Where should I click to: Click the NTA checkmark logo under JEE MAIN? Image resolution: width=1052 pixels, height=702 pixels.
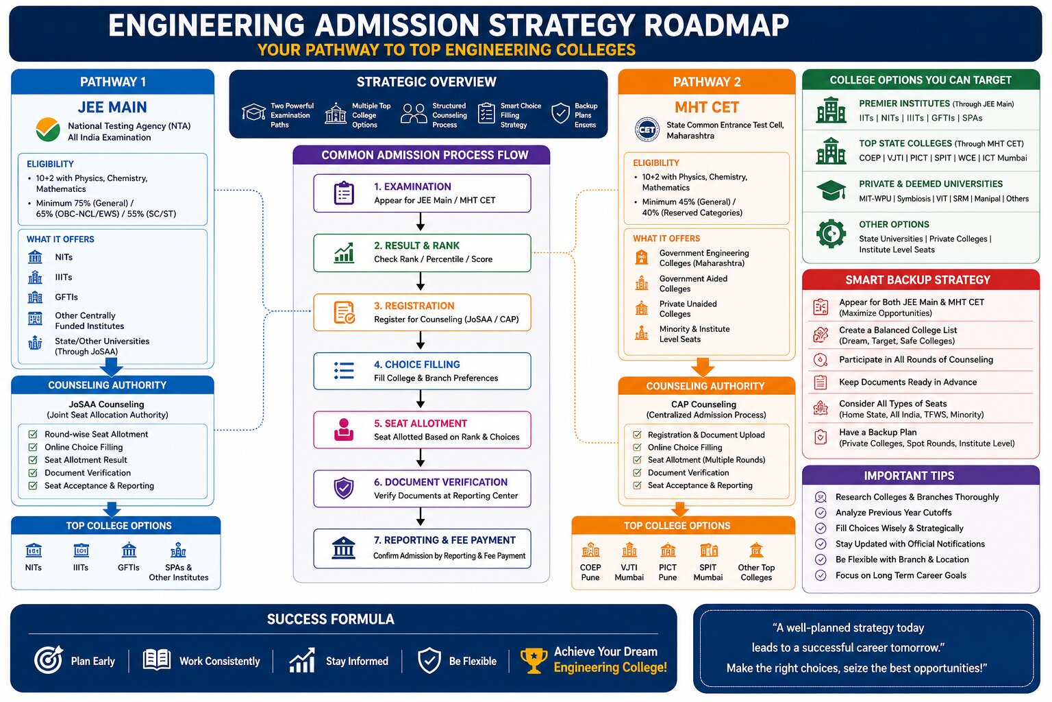pyautogui.click(x=48, y=130)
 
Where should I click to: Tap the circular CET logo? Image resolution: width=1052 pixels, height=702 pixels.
pyautogui.click(x=647, y=130)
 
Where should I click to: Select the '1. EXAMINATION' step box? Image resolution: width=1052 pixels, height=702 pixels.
pyautogui.click(x=422, y=193)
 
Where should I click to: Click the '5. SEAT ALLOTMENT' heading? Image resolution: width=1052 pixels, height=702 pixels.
pyautogui.click(x=421, y=423)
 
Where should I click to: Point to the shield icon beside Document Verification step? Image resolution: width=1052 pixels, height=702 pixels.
pyautogui.click(x=344, y=489)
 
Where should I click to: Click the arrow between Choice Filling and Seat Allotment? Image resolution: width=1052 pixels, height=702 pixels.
pyautogui.click(x=421, y=399)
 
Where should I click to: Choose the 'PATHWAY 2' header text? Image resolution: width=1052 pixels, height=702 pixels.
pyautogui.click(x=707, y=82)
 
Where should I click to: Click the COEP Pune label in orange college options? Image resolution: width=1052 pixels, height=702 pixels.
pyautogui.click(x=590, y=572)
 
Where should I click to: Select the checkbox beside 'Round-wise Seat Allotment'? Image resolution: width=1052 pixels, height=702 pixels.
pyautogui.click(x=33, y=434)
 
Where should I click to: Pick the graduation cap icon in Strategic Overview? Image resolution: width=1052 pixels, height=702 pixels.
pyautogui.click(x=253, y=113)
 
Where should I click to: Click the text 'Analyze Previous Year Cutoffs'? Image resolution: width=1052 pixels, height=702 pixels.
pyautogui.click(x=893, y=513)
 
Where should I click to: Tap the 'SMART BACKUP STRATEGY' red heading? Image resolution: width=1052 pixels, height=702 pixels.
pyautogui.click(x=918, y=280)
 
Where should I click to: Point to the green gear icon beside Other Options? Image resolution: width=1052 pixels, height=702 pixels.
pyautogui.click(x=831, y=234)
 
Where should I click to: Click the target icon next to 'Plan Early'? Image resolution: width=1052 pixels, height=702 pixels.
pyautogui.click(x=49, y=659)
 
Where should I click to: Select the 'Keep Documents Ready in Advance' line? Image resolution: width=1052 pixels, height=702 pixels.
pyautogui.click(x=907, y=383)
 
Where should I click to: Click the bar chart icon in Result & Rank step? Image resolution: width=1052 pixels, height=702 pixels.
pyautogui.click(x=345, y=253)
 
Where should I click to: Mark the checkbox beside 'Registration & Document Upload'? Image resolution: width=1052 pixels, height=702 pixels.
pyautogui.click(x=638, y=435)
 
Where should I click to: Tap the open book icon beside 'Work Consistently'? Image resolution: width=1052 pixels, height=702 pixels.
pyautogui.click(x=157, y=659)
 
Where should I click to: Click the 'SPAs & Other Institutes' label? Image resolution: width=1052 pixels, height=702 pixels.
pyautogui.click(x=179, y=572)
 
